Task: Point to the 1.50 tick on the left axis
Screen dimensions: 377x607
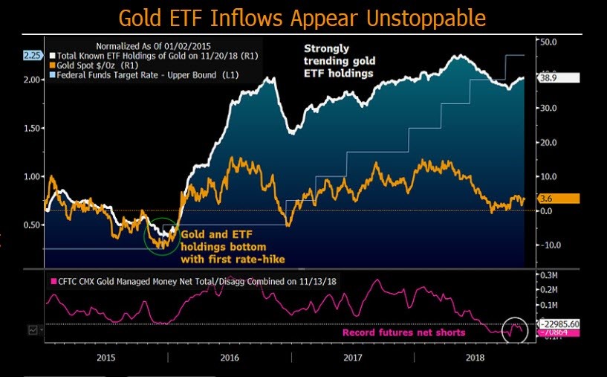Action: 32,128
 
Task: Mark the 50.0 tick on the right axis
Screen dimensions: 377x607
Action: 548,42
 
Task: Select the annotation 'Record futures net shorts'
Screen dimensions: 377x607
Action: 403,332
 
